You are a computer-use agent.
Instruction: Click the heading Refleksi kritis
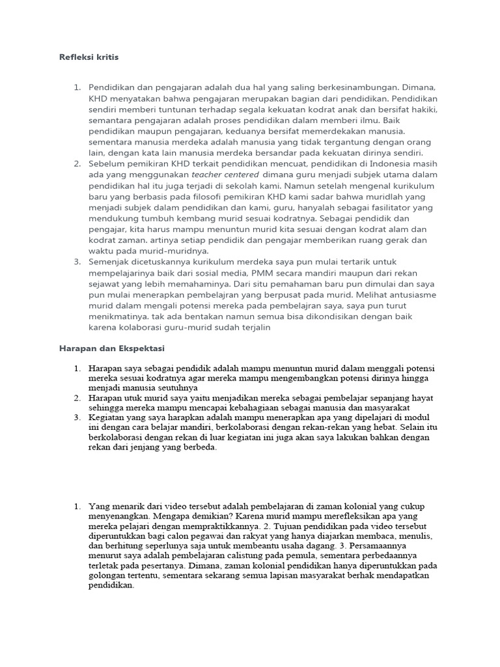tap(89, 57)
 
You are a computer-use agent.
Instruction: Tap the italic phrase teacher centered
tap(225, 175)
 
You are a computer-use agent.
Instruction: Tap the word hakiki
tap(423, 109)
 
